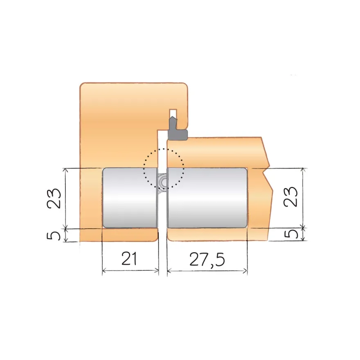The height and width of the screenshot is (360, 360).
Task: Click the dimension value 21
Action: click(x=129, y=259)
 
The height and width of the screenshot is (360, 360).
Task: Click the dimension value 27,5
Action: click(x=207, y=260)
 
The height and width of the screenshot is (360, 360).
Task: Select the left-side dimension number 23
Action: click(x=54, y=198)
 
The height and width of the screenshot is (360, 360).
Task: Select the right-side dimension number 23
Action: click(x=290, y=197)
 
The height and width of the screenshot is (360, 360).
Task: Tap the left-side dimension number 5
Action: click(x=54, y=235)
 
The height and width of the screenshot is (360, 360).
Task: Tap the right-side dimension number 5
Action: click(x=291, y=234)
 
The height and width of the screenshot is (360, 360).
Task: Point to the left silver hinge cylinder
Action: click(x=130, y=198)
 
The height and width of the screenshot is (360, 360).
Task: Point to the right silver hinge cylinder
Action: click(x=207, y=198)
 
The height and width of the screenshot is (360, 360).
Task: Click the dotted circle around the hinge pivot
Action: click(x=143, y=169)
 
